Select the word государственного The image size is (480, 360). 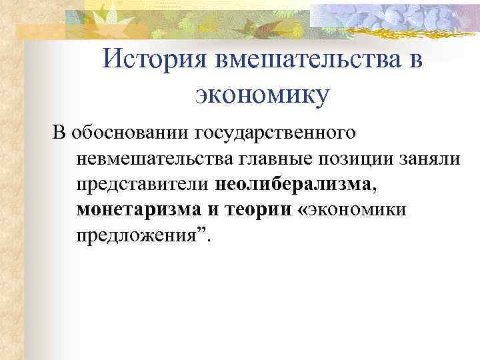pyautogui.click(x=279, y=132)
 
